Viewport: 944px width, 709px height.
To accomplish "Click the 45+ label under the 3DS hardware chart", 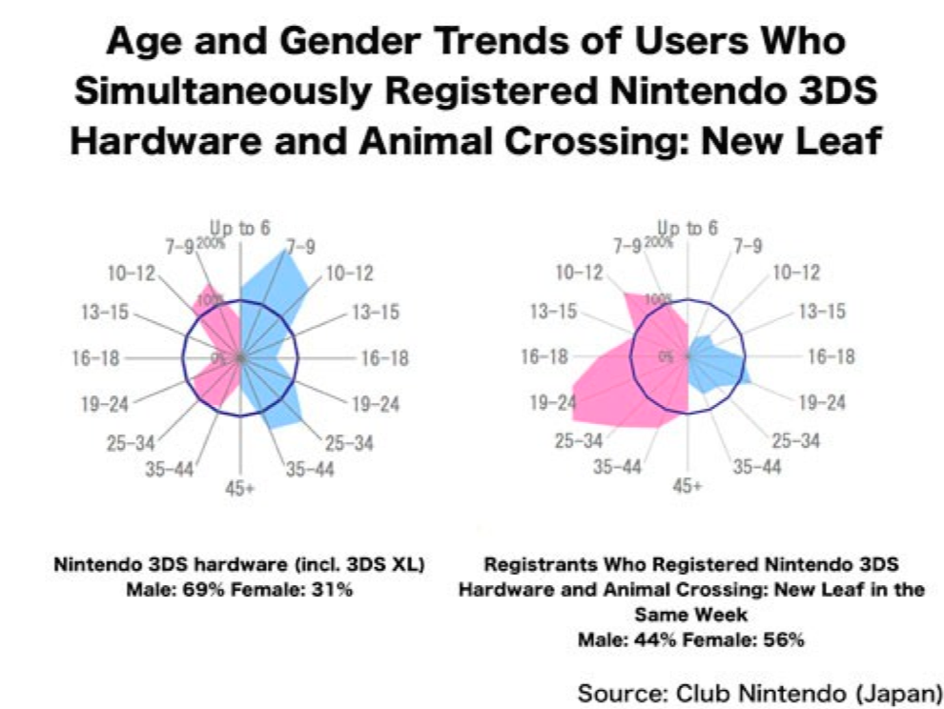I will tap(240, 490).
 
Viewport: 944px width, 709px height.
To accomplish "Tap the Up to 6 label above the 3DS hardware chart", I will tap(240, 229).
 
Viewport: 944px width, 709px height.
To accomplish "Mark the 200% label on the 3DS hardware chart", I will tap(211, 242).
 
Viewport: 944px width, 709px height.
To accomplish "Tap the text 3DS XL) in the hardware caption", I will tap(393, 564).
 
